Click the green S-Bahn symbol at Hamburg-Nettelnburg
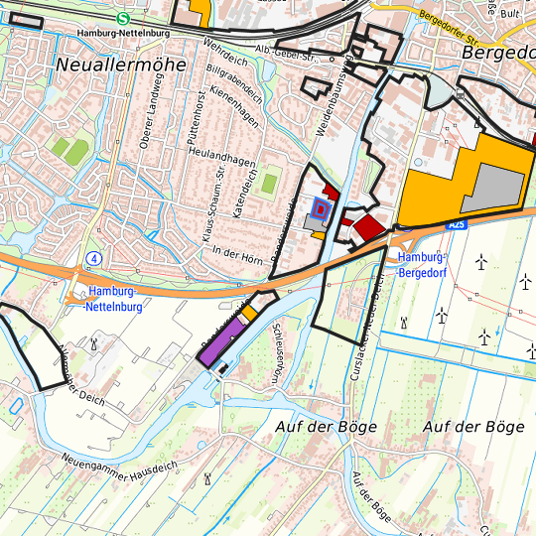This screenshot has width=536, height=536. tap(122, 18)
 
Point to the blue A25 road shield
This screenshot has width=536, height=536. tap(456, 225)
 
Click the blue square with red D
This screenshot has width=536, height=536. tap(320, 208)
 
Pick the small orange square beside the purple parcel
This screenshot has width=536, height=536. tap(250, 313)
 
